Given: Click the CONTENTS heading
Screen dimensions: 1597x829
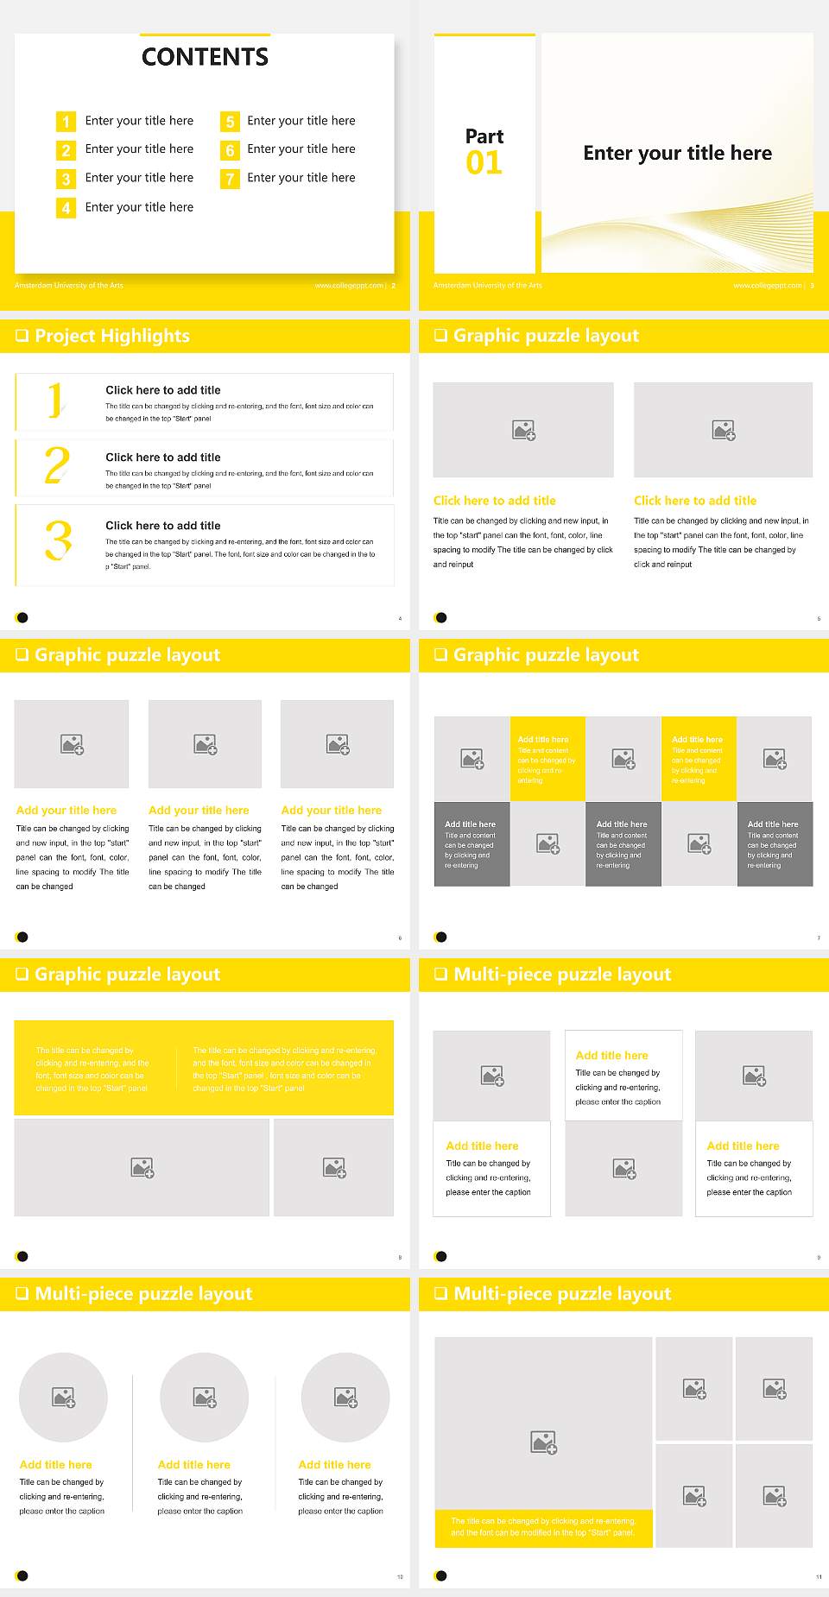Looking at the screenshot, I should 205,57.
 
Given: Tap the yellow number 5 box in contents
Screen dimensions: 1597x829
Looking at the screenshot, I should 230,122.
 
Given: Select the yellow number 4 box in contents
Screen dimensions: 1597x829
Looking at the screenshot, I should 66,208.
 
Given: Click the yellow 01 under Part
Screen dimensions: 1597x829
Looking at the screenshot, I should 484,163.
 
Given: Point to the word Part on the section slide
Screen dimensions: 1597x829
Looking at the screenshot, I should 484,136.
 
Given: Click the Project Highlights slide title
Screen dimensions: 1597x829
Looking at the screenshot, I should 112,336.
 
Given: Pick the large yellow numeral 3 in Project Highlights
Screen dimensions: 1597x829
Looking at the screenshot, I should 58,541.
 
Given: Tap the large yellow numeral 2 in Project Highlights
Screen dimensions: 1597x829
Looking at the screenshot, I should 57,465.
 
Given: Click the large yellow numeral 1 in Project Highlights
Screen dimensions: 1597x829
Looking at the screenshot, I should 55,401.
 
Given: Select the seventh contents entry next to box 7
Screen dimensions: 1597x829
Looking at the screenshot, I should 301,178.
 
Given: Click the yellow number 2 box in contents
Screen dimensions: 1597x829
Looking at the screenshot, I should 66,150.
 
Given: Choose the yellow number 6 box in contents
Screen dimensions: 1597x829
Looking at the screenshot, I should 230,150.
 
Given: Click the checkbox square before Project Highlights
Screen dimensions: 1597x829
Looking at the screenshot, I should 22,336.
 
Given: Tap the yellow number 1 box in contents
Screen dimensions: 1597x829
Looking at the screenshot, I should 66,122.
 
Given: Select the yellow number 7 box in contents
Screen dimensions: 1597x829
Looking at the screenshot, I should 230,179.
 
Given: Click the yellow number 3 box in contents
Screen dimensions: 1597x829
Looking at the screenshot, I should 66,179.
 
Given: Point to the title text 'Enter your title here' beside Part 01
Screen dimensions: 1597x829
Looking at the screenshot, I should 677,154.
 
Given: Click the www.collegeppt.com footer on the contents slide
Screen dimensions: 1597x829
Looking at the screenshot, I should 349,286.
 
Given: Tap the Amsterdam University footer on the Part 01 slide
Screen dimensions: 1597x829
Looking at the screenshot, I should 487,286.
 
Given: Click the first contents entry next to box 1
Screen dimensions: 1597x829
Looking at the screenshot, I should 139,121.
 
